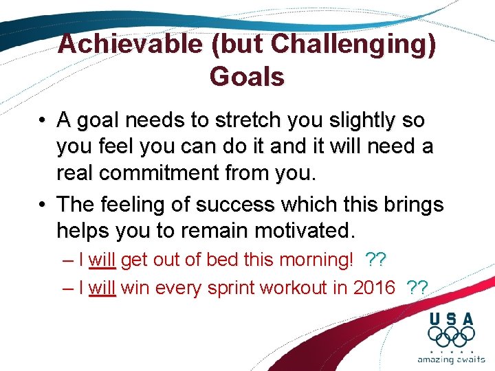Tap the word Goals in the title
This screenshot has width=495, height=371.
click(247, 77)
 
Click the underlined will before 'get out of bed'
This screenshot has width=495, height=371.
click(102, 260)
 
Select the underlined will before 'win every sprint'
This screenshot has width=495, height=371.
click(102, 287)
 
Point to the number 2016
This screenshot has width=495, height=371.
click(374, 287)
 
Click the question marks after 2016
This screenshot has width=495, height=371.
click(417, 287)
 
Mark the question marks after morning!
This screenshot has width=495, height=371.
click(376, 260)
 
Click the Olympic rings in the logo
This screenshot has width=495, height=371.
click(451, 337)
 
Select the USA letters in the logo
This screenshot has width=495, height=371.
click(451, 319)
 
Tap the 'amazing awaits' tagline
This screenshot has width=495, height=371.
click(450, 359)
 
